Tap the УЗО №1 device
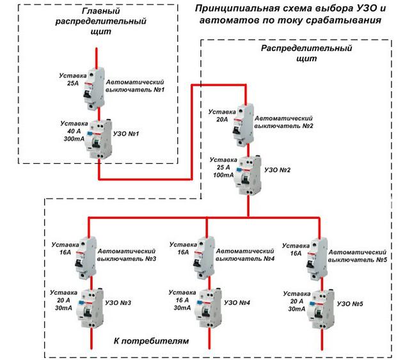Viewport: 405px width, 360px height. pyautogui.click(x=99, y=137)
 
